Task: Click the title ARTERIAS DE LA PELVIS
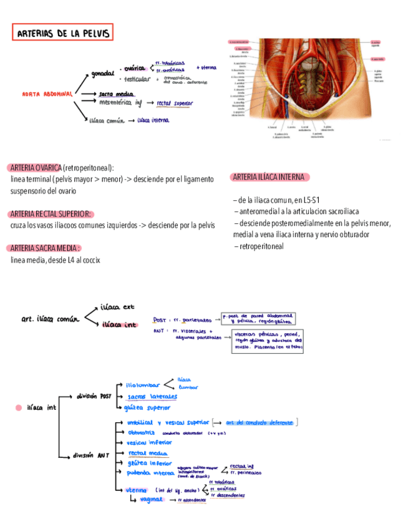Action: click(x=63, y=33)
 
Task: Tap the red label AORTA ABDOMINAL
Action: click(x=47, y=94)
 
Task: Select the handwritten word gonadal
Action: click(x=103, y=74)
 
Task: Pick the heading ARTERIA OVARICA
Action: click(x=36, y=168)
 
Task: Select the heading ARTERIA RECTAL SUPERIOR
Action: click(x=51, y=213)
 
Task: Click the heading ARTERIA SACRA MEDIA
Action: click(x=46, y=248)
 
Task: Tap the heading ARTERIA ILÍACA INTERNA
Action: click(x=269, y=177)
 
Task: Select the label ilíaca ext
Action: click(x=117, y=307)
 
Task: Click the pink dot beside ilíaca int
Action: click(x=18, y=408)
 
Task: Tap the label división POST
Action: click(x=94, y=396)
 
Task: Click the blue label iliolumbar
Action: click(x=143, y=385)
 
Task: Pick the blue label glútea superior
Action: click(x=148, y=407)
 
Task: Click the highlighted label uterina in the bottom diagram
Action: click(x=137, y=490)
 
